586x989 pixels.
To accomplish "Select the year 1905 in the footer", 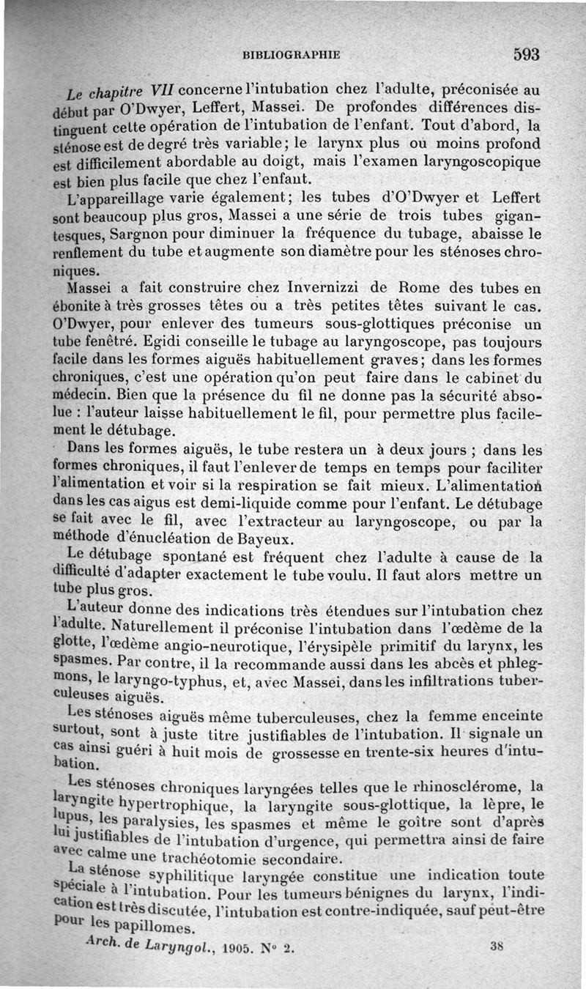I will (234, 948).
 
